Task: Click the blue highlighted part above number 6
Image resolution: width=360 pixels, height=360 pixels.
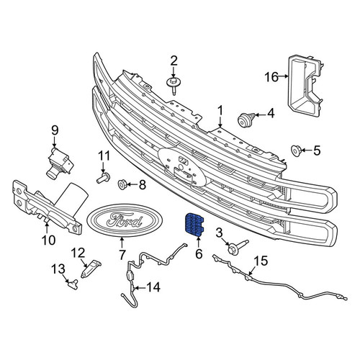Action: (194, 224)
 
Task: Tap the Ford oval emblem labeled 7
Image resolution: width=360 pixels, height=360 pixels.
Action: (122, 220)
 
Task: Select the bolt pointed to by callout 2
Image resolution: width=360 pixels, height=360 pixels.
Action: (174, 86)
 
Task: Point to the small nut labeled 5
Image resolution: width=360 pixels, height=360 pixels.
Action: (295, 150)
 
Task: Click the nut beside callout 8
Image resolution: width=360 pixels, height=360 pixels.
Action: (122, 184)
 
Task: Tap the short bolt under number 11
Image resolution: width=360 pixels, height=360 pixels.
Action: (103, 178)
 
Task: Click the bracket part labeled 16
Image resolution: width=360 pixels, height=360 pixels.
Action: (305, 87)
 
